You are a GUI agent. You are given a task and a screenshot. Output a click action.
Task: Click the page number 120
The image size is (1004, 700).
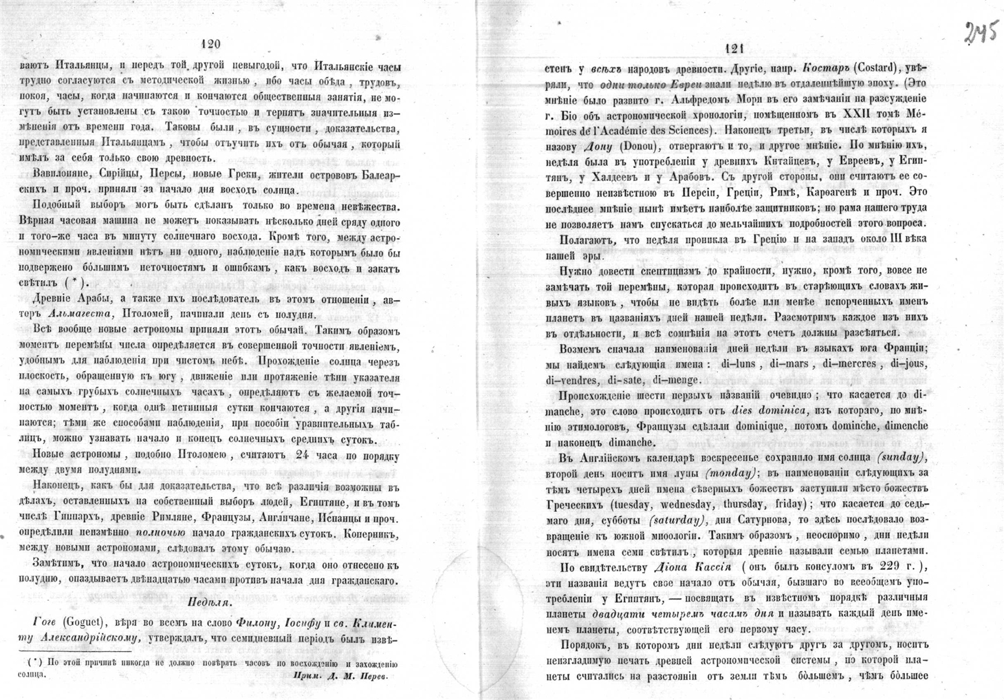(x=209, y=44)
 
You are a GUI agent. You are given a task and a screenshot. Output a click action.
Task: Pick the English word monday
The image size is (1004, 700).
(x=730, y=473)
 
